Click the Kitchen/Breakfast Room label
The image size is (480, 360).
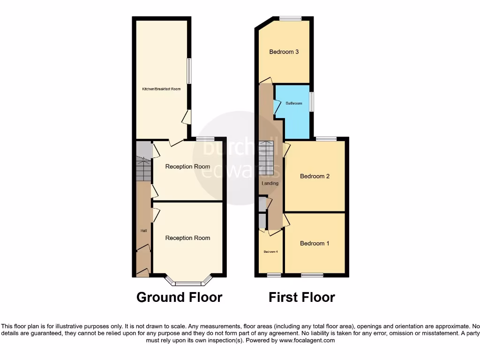click(x=162, y=89)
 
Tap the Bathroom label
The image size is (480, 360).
click(x=294, y=103)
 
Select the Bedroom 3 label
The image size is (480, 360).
click(x=284, y=52)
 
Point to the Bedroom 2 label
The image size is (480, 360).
click(x=315, y=176)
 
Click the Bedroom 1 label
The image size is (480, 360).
click(x=315, y=243)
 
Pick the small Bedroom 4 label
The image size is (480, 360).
click(x=270, y=252)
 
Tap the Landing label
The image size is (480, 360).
click(x=270, y=183)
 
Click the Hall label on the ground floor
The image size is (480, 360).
click(x=143, y=231)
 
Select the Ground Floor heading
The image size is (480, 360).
click(x=179, y=297)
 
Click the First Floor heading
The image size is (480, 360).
click(x=302, y=297)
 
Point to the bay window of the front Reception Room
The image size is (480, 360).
click(x=188, y=283)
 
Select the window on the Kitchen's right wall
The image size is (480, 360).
click(x=189, y=71)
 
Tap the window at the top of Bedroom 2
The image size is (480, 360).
click(x=326, y=139)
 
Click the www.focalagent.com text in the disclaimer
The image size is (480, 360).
click(x=307, y=340)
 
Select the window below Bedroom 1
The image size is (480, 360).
click(x=312, y=275)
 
